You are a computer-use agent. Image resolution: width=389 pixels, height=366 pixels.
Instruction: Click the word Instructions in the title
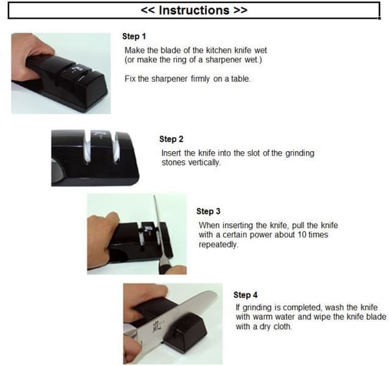point(194,10)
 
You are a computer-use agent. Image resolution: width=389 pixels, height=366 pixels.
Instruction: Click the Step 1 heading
point(134,36)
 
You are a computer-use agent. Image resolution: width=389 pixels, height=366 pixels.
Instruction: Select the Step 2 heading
point(171,139)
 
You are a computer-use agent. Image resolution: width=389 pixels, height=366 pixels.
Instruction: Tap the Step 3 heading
point(208,212)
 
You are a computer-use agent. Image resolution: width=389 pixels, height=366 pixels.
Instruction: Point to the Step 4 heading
point(245,295)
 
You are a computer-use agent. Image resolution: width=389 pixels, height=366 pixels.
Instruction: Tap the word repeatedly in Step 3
point(218,245)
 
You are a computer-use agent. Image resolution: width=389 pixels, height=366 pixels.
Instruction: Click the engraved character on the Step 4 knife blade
point(157,326)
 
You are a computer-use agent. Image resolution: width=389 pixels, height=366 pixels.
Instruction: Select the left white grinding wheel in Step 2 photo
point(87,151)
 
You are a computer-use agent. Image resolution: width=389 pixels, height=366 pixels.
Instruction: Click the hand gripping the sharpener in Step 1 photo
point(27,57)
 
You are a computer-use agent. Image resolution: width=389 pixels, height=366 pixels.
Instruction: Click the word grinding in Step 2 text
point(300,153)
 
